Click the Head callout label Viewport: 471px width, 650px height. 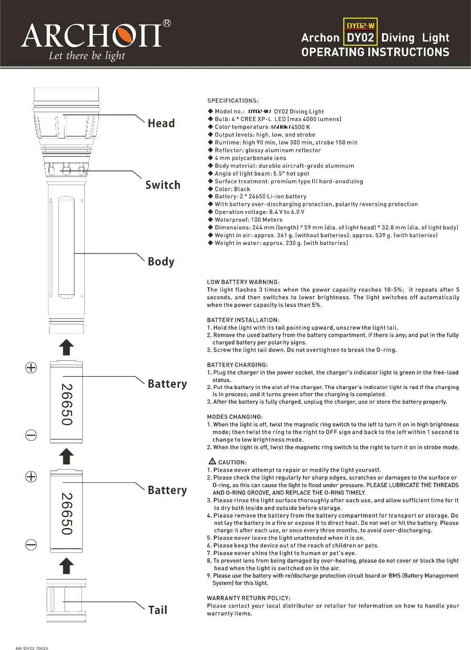161,123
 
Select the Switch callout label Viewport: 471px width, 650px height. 162,185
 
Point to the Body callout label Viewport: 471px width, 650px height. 161,261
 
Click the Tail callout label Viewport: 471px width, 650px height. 158,610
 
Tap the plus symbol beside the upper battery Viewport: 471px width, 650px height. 31,368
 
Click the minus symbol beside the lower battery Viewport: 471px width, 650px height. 31,545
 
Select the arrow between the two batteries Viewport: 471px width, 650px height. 66,456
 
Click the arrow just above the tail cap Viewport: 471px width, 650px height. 66,566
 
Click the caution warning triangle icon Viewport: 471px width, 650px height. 212,462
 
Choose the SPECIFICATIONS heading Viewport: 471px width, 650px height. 233,101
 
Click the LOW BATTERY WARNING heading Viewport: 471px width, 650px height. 243,282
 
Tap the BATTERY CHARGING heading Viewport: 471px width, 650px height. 237,365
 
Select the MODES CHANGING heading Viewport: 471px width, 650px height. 235,417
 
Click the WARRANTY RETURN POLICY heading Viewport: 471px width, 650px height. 249,598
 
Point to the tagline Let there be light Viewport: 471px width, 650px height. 87,57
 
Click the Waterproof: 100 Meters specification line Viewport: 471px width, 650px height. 248,219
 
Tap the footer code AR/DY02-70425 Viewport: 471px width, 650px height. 32,648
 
